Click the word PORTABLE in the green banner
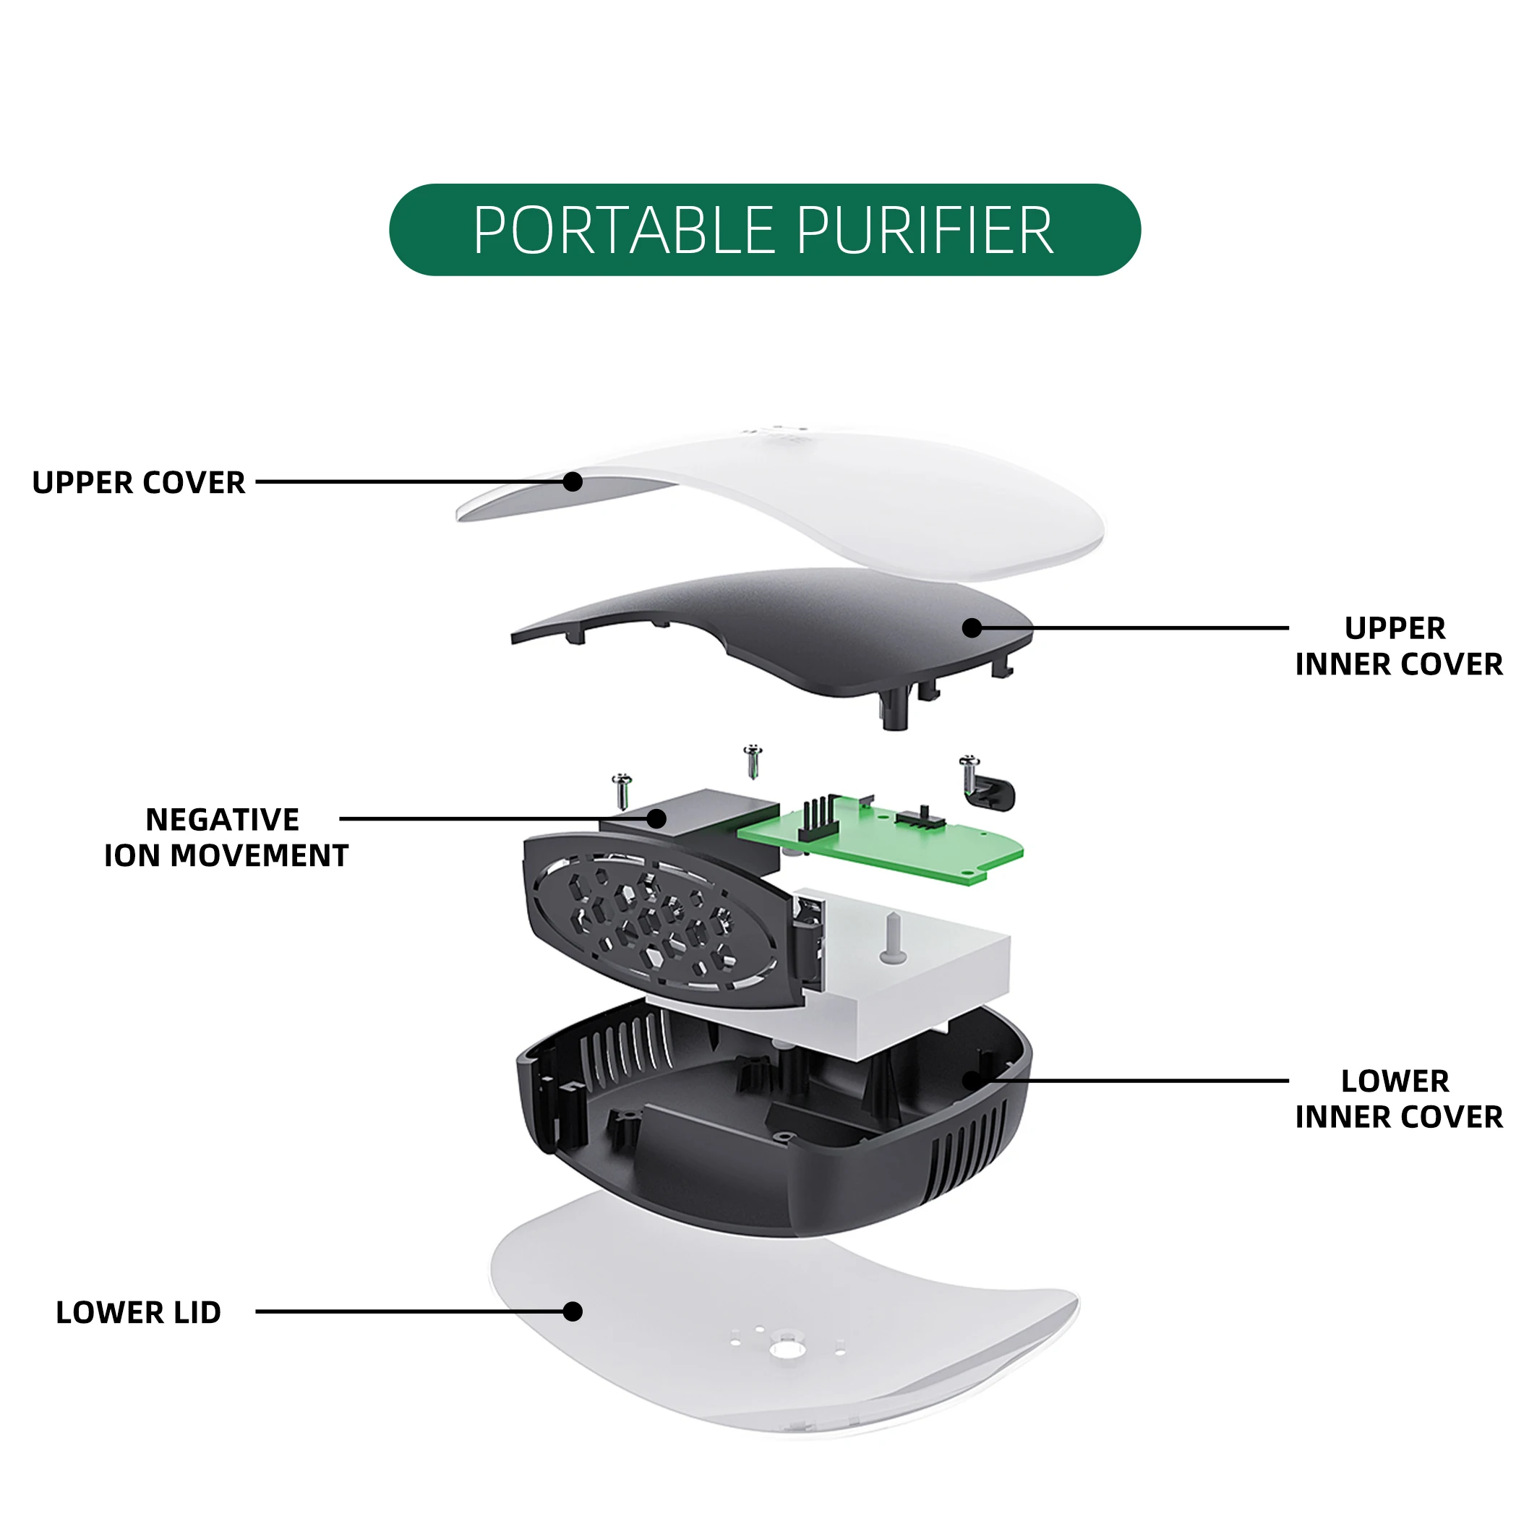point(624,231)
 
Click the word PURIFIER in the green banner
point(925,231)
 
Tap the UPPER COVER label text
point(138,483)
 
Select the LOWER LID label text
point(138,1312)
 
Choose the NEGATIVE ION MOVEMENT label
point(226,837)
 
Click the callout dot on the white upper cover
point(573,481)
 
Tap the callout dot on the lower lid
point(573,1311)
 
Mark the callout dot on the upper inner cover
point(972,628)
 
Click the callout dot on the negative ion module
point(656,818)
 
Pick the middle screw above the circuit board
point(753,761)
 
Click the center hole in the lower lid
point(786,1349)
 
